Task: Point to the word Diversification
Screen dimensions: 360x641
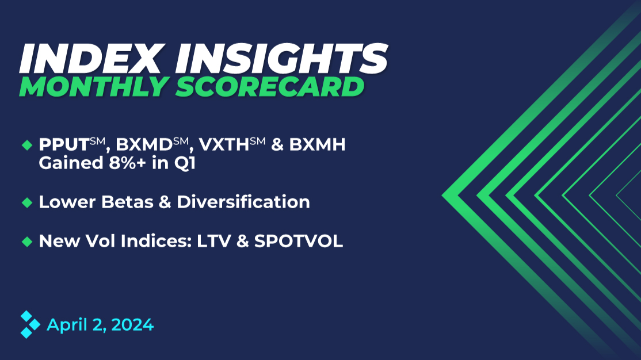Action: click(243, 202)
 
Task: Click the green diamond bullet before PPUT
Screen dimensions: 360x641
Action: click(26, 146)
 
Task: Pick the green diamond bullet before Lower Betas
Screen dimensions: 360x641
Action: click(26, 202)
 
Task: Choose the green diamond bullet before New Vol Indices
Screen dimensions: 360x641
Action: click(26, 242)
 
